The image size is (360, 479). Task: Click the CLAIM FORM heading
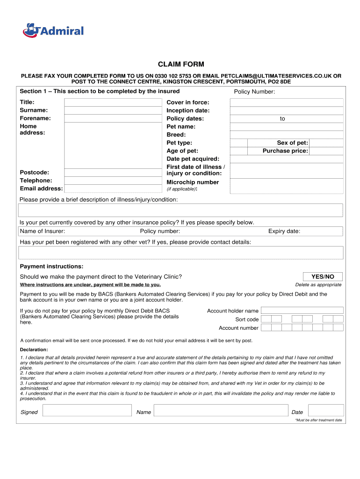pos(180,64)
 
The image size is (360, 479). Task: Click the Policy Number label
pos(254,92)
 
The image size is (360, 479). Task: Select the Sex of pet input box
pos(326,143)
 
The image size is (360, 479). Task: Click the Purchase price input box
pos(326,151)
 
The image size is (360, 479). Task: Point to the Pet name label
pos(181,127)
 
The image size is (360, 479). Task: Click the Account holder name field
pos(302,310)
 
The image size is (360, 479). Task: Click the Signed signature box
pos(87,411)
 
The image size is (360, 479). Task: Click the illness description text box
pos(180,210)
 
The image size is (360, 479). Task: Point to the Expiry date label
pos(284,231)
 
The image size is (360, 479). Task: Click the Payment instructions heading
pos(51,266)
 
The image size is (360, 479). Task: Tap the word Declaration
pos(34,349)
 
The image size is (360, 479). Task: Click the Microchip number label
pos(193,182)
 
